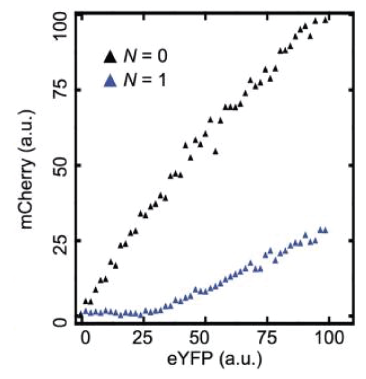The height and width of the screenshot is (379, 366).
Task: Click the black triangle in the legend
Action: pyautogui.click(x=110, y=56)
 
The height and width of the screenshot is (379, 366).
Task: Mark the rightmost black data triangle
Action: pyautogui.click(x=325, y=20)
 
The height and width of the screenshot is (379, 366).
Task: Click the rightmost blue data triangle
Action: pyautogui.click(x=325, y=230)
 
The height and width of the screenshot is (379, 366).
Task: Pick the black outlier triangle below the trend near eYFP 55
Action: pyautogui.click(x=215, y=151)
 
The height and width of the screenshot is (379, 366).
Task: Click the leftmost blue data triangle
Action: pyautogui.click(x=81, y=314)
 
